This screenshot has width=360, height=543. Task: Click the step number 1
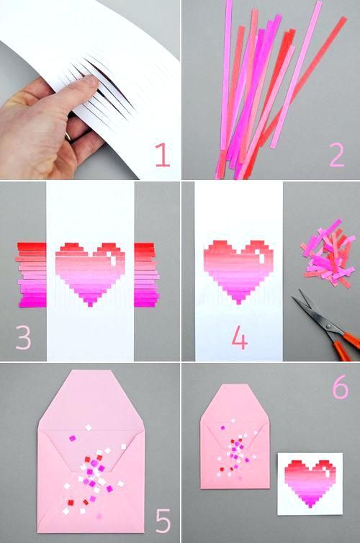[x=162, y=155]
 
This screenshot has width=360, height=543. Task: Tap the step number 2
[x=337, y=155]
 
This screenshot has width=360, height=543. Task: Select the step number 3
[x=23, y=337]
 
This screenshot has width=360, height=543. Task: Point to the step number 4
[x=240, y=337]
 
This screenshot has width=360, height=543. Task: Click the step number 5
[x=163, y=521]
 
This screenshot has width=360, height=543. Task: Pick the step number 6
[x=341, y=387]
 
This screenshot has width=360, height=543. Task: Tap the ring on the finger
[x=68, y=137]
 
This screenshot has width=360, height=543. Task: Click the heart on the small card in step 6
[x=310, y=483]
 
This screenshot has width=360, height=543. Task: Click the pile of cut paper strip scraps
[x=328, y=253]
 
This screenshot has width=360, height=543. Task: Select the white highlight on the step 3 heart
[x=112, y=259]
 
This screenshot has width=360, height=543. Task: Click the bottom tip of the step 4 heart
[x=238, y=304]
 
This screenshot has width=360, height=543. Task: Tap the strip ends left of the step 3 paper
[x=31, y=275]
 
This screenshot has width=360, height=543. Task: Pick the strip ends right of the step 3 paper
[x=147, y=275]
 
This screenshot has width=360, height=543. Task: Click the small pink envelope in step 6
[x=235, y=436]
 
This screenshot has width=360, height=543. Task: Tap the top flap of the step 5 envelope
[x=91, y=401]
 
